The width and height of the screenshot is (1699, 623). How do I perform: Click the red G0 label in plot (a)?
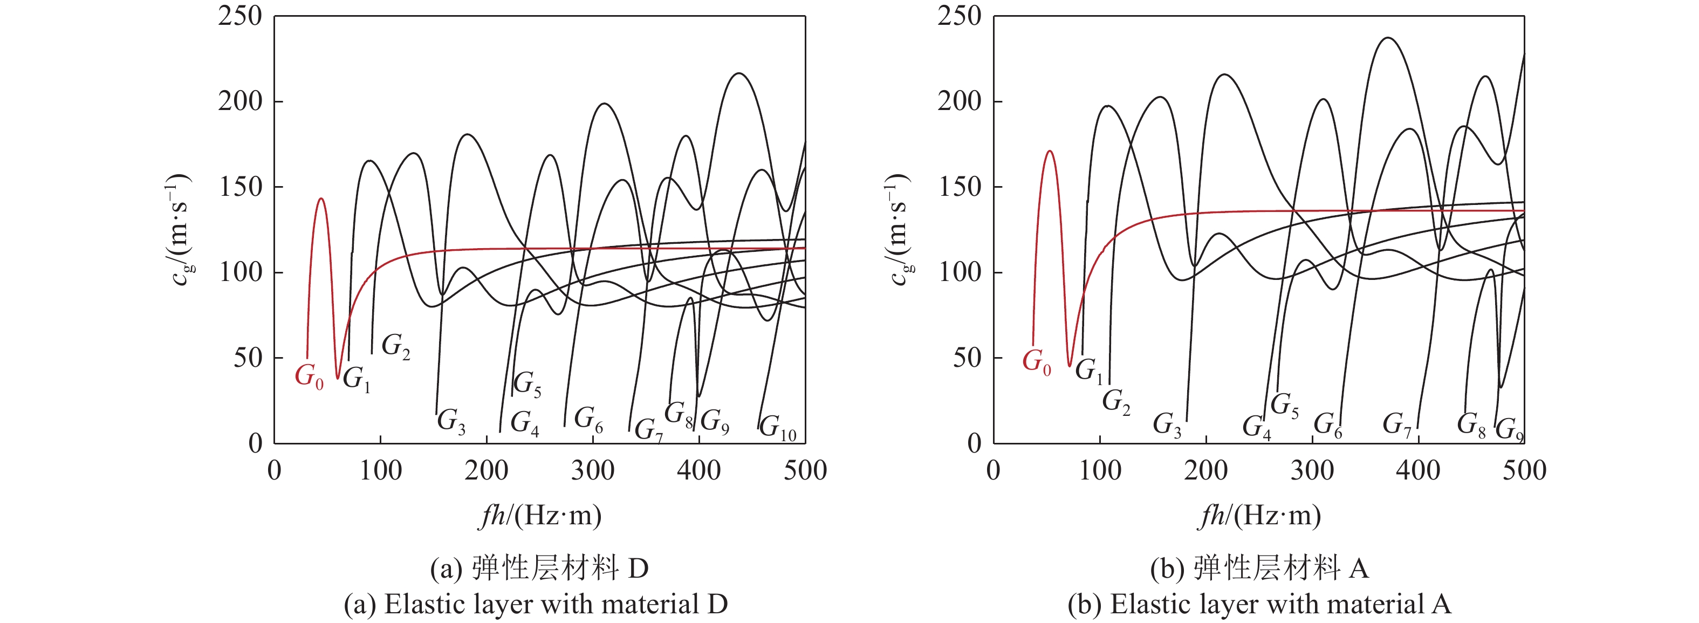click(309, 376)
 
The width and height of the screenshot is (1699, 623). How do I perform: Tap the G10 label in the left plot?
click(778, 428)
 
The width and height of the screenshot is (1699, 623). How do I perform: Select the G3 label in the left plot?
click(451, 421)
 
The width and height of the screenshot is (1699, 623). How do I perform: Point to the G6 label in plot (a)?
click(588, 419)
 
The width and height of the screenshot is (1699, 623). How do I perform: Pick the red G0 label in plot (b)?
click(1036, 362)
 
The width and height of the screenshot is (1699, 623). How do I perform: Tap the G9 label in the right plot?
click(1509, 430)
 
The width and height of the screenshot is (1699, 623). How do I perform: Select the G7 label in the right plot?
click(1397, 424)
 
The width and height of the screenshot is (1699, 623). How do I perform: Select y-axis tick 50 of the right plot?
click(968, 358)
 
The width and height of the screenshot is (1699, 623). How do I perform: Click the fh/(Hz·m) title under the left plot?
click(540, 516)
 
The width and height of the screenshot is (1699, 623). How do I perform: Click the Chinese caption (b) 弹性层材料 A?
click(1259, 567)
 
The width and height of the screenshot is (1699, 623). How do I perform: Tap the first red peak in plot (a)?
click(321, 198)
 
